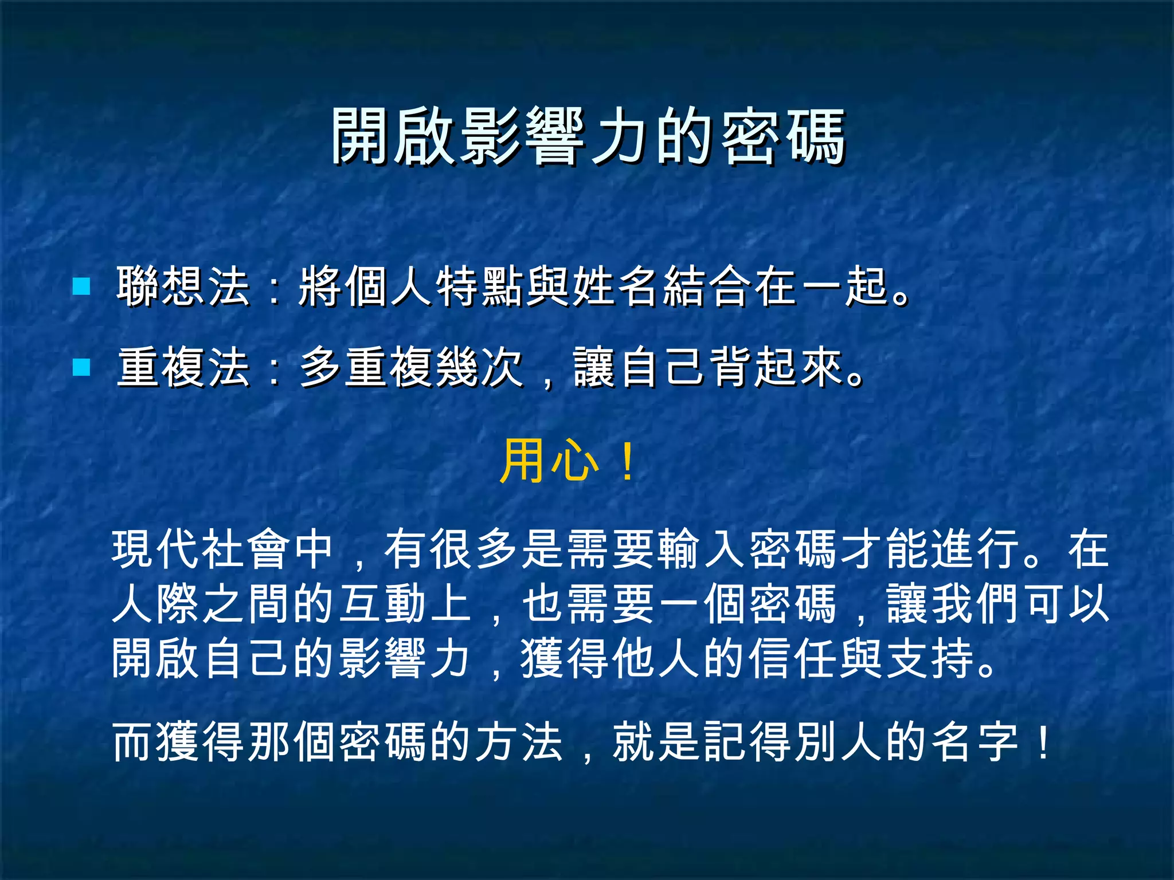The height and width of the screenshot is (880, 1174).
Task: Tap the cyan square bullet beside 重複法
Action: [x=81, y=367]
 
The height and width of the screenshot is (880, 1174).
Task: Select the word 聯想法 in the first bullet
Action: [x=183, y=286]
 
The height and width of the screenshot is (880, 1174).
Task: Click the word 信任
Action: [x=794, y=658]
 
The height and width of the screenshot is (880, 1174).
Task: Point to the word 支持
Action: [x=930, y=658]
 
